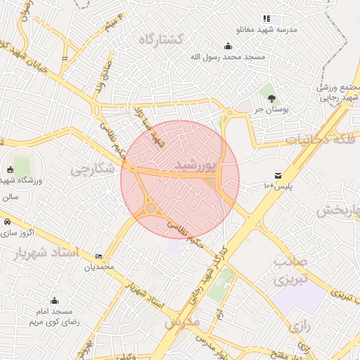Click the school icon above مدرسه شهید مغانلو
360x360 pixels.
point(266,18)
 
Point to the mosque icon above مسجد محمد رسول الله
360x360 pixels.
point(228,46)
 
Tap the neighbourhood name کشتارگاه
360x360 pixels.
point(160,39)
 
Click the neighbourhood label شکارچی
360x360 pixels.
point(91,169)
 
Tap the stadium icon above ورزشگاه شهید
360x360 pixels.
point(10,169)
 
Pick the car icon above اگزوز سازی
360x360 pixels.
point(6,221)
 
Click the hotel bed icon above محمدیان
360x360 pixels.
point(98,256)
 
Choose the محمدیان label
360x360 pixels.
point(98,267)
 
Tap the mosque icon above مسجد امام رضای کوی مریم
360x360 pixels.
point(55,300)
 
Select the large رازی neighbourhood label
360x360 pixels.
point(299,327)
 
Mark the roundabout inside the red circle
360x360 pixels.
point(151,208)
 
